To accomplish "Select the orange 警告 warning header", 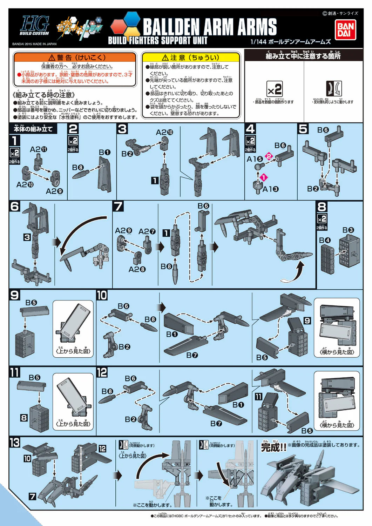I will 75,58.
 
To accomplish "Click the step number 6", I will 15,206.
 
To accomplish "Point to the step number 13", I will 15,443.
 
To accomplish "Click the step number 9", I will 15,295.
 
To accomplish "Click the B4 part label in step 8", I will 325,240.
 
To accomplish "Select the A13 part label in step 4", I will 270,189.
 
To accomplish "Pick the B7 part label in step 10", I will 192,355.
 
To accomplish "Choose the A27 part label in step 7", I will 147,231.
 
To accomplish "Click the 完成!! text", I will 273,447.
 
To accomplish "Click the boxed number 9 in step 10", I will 307,321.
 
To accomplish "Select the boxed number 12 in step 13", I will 102,449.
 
